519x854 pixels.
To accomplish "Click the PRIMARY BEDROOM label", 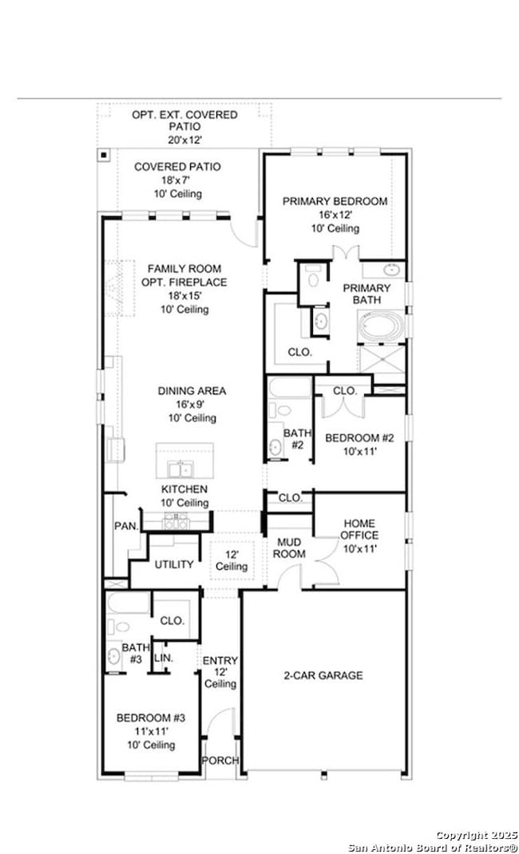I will [335, 201].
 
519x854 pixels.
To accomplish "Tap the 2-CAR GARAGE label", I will [323, 675].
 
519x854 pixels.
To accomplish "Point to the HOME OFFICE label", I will [359, 529].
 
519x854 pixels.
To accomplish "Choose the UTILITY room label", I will [174, 564].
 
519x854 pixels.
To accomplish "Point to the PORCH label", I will [220, 761].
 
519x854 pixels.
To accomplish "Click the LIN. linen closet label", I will [164, 658].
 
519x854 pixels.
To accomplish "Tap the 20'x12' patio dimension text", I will [184, 140].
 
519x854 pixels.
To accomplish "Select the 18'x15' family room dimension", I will [184, 295].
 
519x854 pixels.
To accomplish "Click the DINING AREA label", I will [192, 391].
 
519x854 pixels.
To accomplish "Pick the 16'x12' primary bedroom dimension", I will [335, 215].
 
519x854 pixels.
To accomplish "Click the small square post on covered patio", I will [104, 156].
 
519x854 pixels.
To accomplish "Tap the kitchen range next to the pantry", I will [176, 520].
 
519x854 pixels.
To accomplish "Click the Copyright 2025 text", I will [477, 834].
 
